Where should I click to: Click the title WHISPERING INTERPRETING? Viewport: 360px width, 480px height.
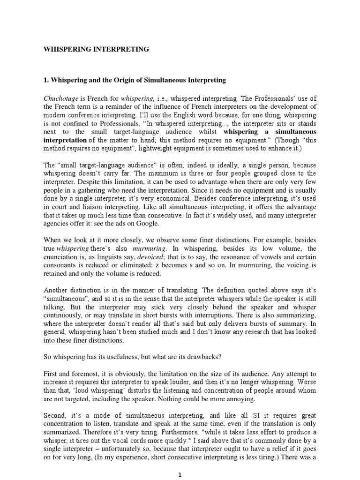96,49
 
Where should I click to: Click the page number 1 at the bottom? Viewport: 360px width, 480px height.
180,474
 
